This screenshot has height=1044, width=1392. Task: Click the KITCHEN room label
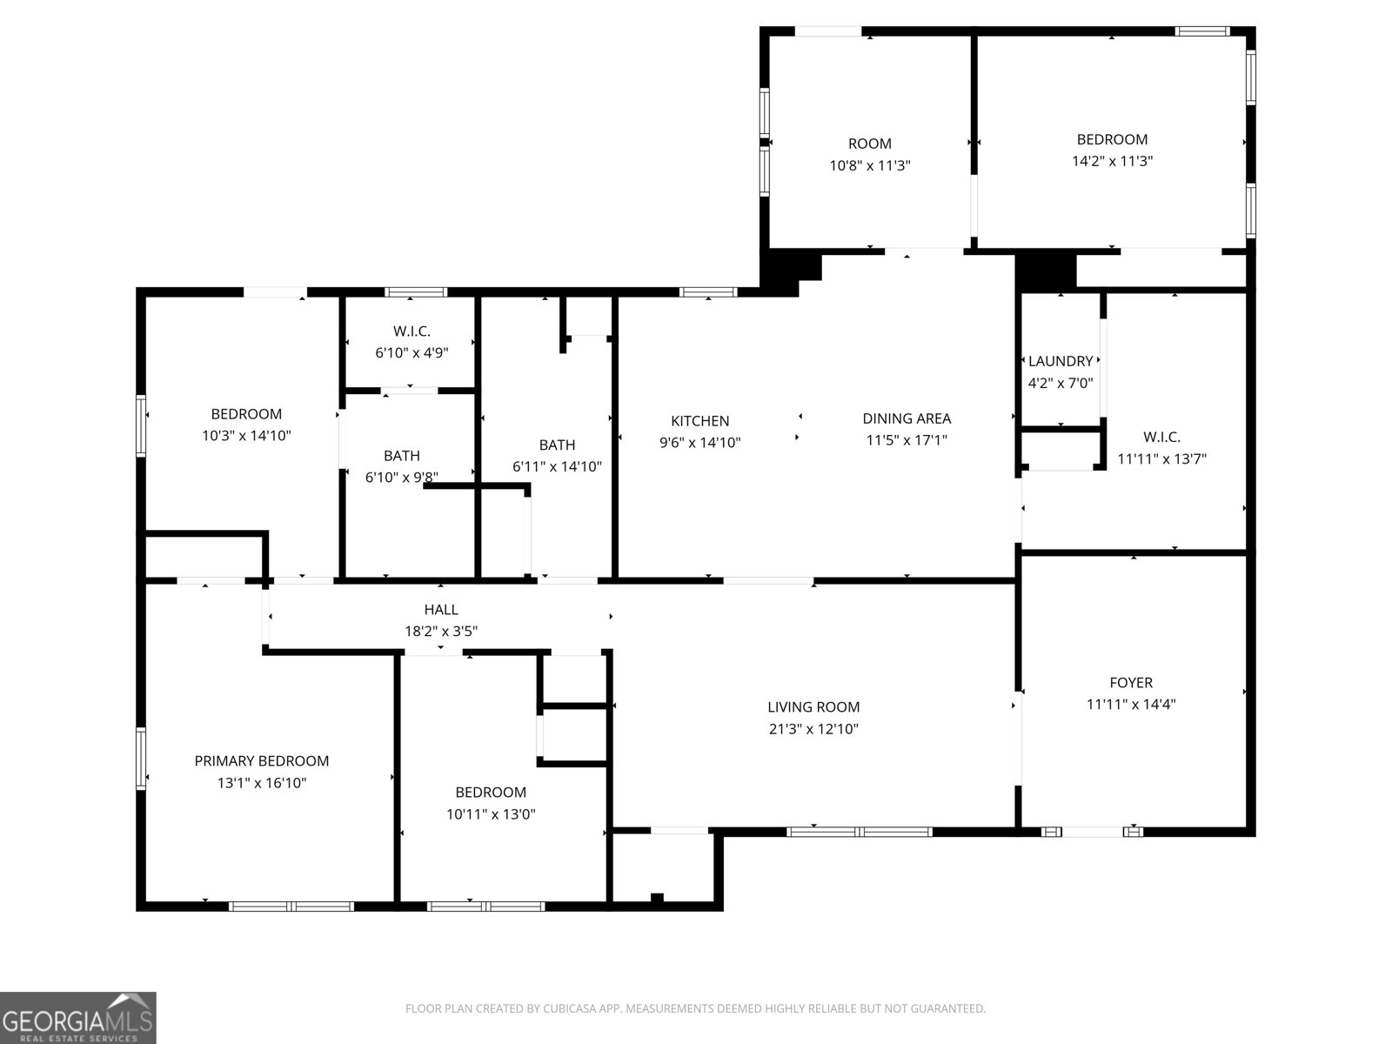click(x=699, y=421)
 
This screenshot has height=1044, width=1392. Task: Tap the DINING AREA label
click(x=907, y=418)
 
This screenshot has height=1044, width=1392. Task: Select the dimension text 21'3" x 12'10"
click(x=813, y=729)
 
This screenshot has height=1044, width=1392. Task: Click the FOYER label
click(x=1131, y=683)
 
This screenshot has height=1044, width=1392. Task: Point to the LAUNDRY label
click(x=1061, y=361)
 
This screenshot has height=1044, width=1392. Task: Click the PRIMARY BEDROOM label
click(x=261, y=761)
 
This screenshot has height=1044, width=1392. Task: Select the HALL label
click(x=441, y=610)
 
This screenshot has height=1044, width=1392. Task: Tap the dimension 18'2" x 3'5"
click(x=441, y=632)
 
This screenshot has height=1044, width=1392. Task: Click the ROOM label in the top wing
click(x=869, y=144)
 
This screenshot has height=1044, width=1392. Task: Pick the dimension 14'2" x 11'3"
click(x=1112, y=161)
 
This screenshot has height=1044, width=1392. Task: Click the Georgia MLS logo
click(x=78, y=1018)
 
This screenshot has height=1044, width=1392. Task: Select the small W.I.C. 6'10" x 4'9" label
click(x=412, y=331)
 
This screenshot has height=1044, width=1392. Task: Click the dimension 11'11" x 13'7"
click(x=1161, y=458)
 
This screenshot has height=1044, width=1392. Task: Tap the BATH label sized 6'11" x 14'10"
click(x=557, y=445)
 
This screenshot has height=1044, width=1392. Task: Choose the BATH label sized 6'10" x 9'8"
click(x=401, y=456)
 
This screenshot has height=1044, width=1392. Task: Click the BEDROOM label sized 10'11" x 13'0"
click(x=491, y=793)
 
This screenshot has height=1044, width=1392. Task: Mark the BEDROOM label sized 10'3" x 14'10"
click(x=246, y=414)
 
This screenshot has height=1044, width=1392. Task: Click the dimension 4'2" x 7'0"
click(x=1061, y=383)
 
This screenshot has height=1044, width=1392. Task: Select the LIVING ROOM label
click(x=813, y=707)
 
